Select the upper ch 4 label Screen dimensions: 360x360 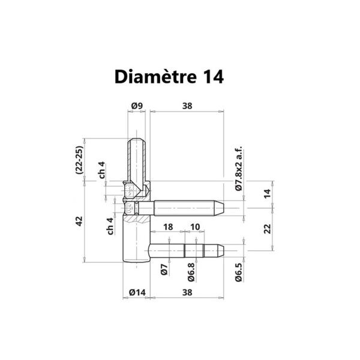103,170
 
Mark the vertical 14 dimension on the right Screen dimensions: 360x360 268,193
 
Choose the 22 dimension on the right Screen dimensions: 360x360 268,228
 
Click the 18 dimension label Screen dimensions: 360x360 168,227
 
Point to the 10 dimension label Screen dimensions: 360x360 194,227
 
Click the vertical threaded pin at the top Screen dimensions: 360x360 136,159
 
